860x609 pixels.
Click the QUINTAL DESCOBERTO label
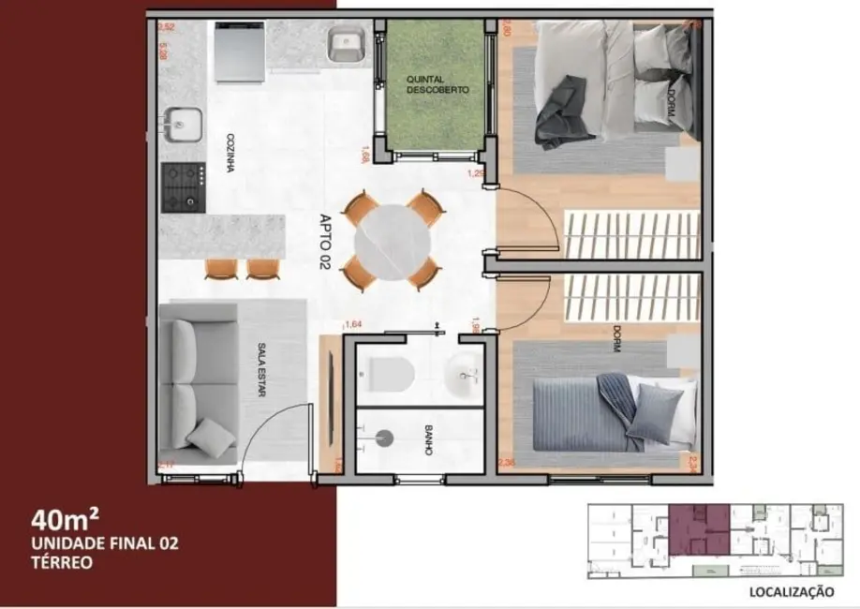[x=437, y=84]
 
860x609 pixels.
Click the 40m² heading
[x=66, y=518]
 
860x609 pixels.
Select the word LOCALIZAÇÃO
[x=792, y=591]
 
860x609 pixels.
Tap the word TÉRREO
[x=61, y=563]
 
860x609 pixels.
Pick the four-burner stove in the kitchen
[x=183, y=185]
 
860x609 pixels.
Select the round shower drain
[x=382, y=435]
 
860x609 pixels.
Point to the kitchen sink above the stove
[x=182, y=123]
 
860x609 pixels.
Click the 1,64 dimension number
[x=353, y=324]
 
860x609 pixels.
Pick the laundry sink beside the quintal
[x=345, y=45]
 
